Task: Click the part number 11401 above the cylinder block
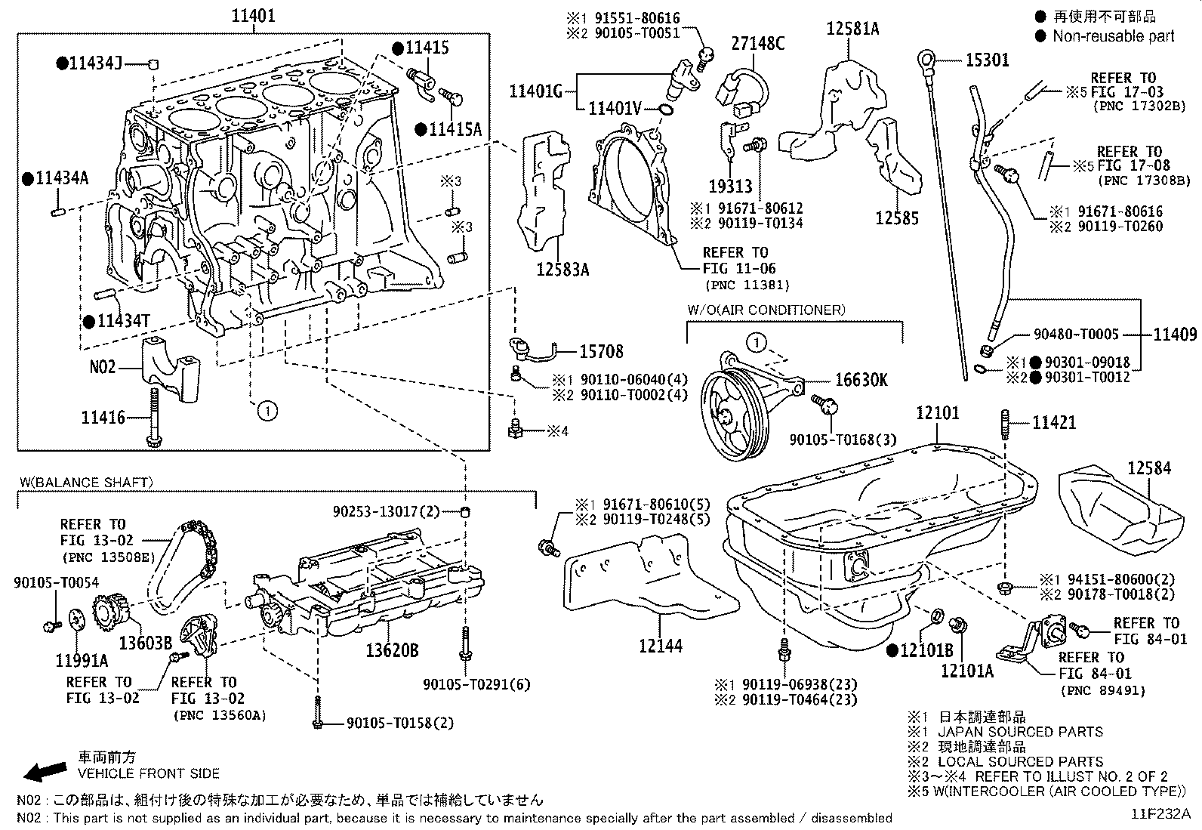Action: tap(253, 14)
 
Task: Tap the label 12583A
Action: tap(562, 269)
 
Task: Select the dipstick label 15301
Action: tap(987, 60)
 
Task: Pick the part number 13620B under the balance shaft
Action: tap(392, 650)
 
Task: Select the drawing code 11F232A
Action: tap(1160, 814)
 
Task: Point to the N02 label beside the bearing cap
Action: tap(103, 368)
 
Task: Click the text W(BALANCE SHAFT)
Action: tap(86, 482)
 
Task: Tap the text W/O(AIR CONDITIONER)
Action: tap(766, 310)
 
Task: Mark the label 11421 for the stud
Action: tap(1054, 423)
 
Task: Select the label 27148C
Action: tap(757, 45)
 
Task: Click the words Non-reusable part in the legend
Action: tap(1114, 35)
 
